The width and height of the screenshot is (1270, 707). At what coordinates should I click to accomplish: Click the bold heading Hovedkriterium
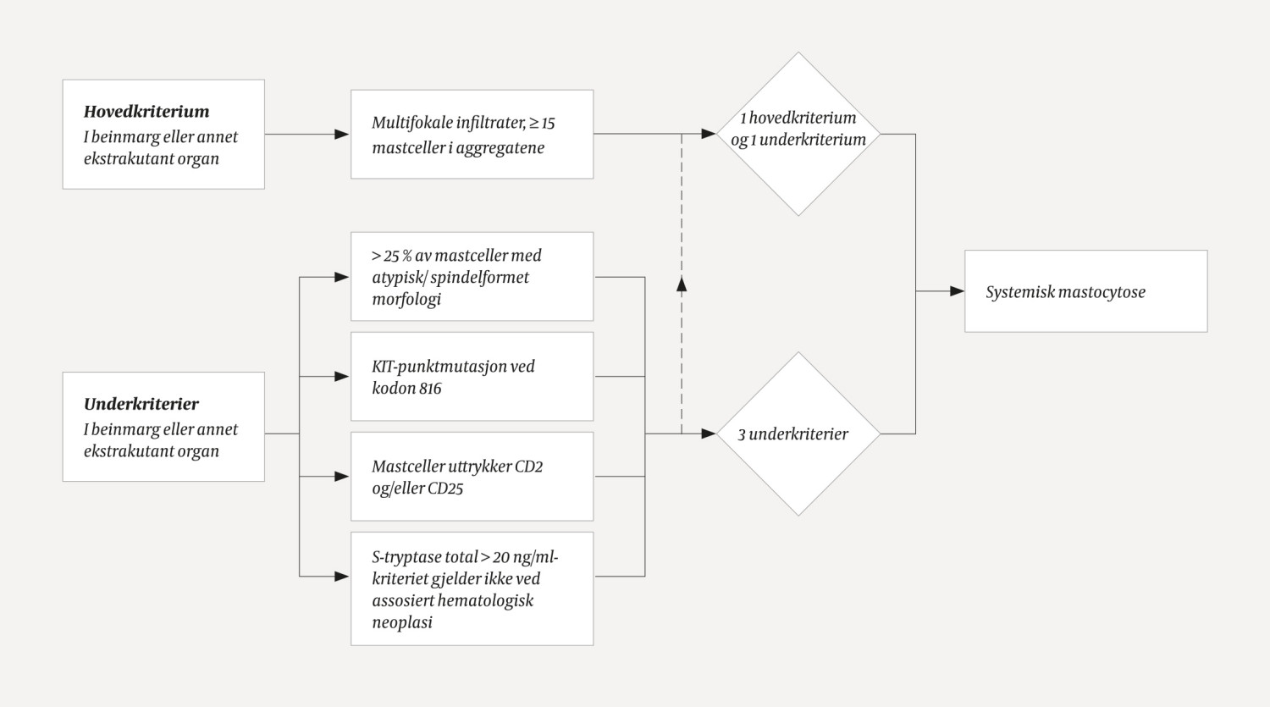tap(146, 111)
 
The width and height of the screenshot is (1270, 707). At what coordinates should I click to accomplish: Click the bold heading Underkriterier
tap(141, 404)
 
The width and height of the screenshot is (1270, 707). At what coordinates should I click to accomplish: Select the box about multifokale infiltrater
tap(472, 135)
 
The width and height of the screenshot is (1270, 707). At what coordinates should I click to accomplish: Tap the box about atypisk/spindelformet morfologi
tap(472, 277)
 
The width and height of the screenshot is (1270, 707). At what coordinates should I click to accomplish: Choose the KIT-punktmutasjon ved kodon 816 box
tap(472, 377)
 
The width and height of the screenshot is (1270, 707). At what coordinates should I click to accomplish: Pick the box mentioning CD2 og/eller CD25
tap(472, 477)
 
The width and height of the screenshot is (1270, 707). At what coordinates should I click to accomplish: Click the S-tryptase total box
tap(472, 588)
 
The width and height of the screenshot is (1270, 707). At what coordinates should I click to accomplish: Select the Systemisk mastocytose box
tap(1085, 291)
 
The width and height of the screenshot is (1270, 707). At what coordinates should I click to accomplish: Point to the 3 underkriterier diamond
tap(798, 434)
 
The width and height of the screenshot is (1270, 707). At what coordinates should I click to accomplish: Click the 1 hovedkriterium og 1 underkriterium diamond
tap(798, 134)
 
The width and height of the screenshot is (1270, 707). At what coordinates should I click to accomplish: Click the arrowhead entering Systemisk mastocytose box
tap(957, 291)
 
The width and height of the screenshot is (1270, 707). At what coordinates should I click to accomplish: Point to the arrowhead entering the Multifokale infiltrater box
tap(342, 134)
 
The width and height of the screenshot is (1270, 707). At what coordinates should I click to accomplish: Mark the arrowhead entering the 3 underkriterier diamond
tap(709, 434)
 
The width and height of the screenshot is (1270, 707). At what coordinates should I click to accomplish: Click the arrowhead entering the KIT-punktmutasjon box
tap(342, 376)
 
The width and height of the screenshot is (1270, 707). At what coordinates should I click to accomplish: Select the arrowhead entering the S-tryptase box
tap(342, 577)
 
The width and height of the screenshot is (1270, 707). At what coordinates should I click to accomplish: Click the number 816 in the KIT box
tap(430, 389)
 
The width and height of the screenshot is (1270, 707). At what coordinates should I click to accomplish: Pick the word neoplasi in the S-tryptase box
tap(402, 622)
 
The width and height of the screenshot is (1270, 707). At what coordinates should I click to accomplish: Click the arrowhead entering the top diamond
tap(709, 134)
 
